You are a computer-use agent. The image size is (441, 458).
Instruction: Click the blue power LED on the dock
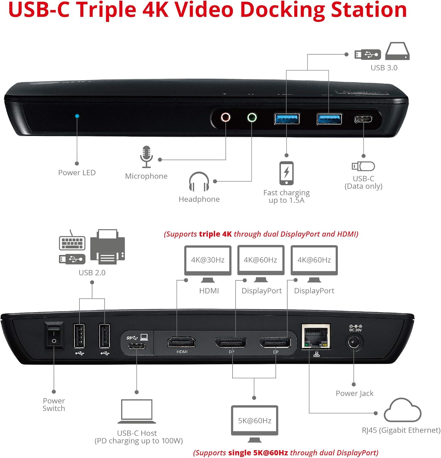click(x=77, y=116)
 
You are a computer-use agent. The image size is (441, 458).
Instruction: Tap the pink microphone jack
click(x=226, y=117)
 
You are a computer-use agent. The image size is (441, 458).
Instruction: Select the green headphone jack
click(x=252, y=117)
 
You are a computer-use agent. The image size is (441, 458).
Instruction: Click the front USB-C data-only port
click(x=363, y=119)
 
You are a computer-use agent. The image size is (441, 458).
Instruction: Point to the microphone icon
click(x=146, y=157)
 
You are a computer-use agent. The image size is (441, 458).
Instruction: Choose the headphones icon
click(x=199, y=182)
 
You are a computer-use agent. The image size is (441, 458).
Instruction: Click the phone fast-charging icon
click(x=286, y=173)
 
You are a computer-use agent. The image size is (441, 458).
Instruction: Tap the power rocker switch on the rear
click(x=54, y=335)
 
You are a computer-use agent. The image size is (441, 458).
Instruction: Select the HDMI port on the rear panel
click(x=182, y=342)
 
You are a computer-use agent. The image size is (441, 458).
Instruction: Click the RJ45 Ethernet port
click(x=316, y=336)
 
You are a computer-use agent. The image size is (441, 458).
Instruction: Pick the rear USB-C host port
click(x=137, y=346)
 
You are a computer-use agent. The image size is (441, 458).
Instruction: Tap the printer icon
click(x=108, y=247)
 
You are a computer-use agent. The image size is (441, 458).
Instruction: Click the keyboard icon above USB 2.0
click(x=72, y=241)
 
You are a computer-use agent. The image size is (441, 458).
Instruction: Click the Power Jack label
click(x=355, y=393)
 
